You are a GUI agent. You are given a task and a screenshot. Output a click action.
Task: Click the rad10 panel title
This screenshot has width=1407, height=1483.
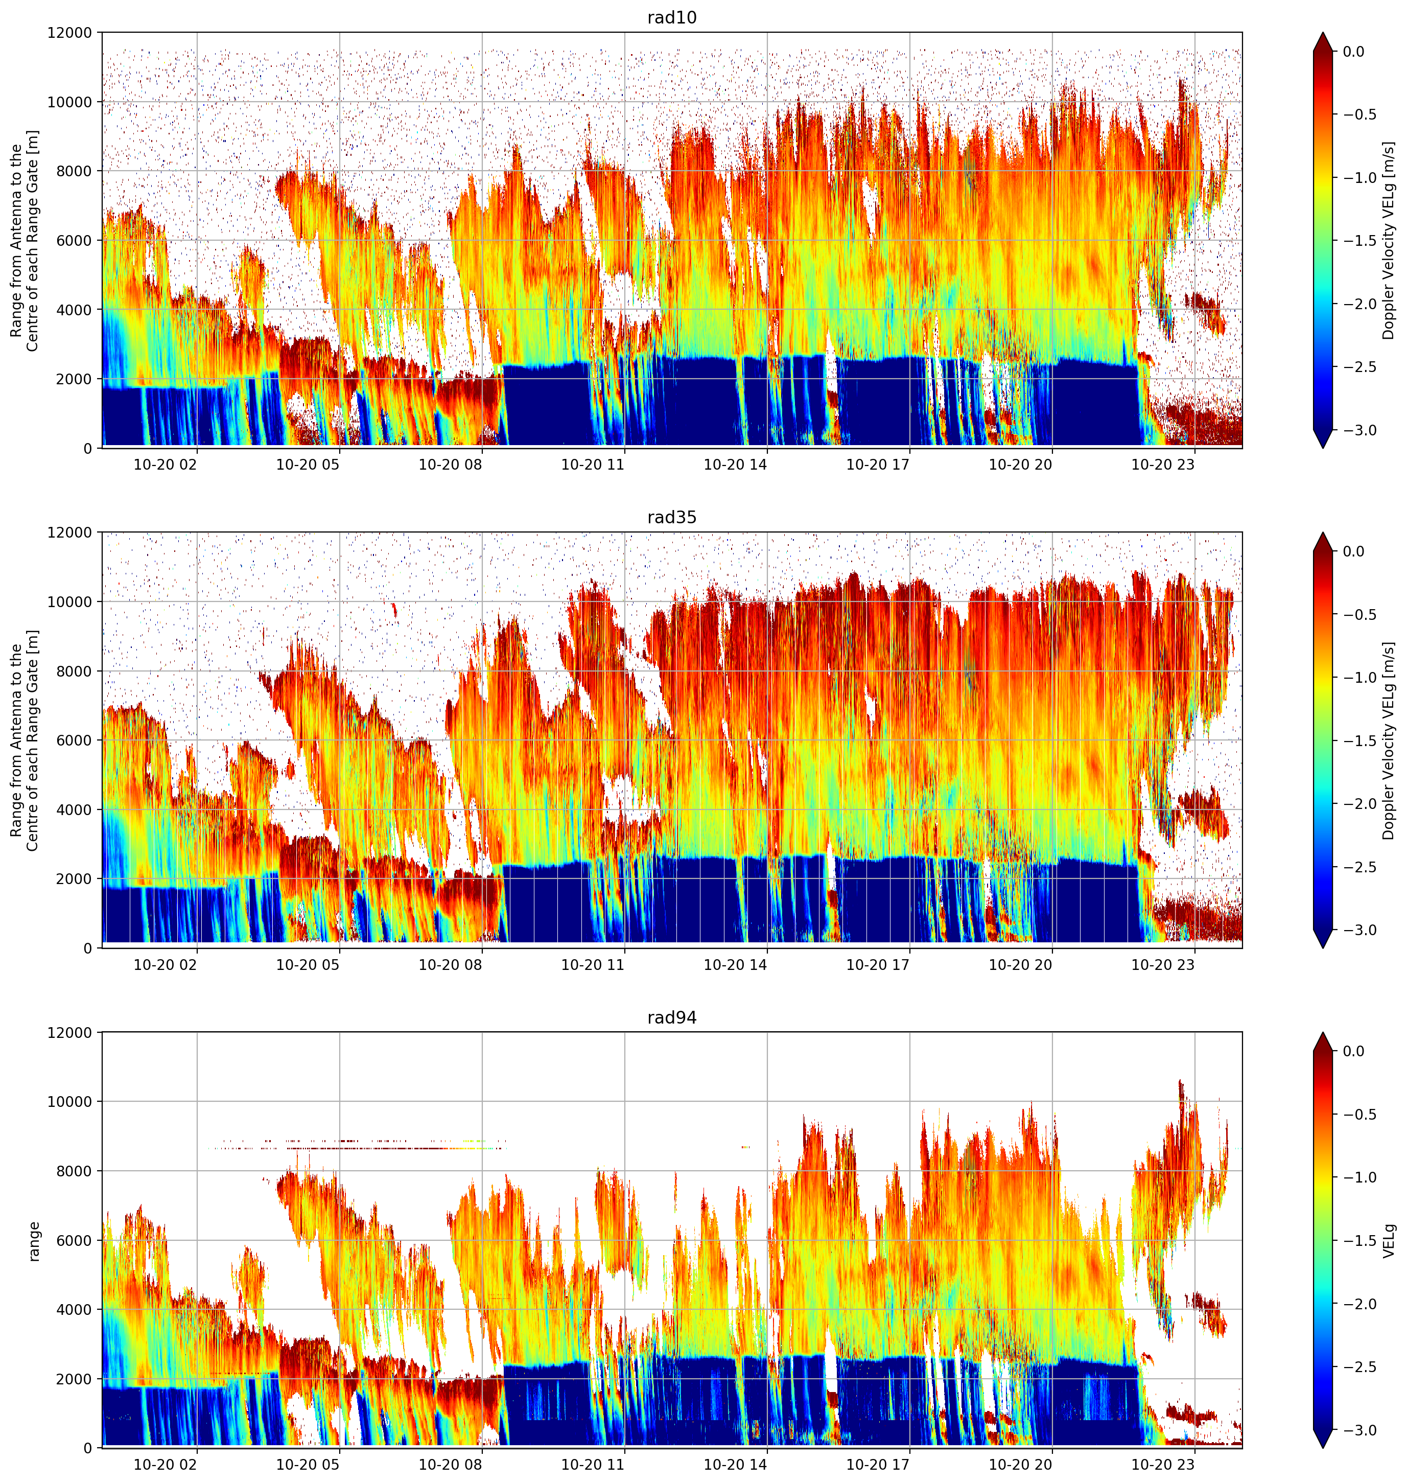click(671, 17)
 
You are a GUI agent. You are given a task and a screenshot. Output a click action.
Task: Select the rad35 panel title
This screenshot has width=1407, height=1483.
click(671, 517)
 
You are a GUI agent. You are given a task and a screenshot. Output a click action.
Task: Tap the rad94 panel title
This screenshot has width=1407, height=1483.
click(671, 1017)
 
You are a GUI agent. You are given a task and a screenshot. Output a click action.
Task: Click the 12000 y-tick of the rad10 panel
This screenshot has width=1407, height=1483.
click(70, 33)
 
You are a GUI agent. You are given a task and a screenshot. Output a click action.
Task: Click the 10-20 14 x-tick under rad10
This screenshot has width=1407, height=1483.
click(735, 465)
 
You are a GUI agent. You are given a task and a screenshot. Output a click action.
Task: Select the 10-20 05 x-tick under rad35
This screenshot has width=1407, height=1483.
click(308, 965)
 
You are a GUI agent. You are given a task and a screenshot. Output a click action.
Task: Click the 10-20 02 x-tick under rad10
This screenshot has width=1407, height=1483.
click(165, 465)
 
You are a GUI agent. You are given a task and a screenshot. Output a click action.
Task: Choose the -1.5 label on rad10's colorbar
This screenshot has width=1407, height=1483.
click(1357, 241)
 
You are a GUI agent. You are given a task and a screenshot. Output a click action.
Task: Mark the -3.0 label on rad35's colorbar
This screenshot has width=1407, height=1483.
click(1357, 930)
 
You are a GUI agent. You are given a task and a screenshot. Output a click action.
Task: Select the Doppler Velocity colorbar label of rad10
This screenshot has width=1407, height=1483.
click(1390, 241)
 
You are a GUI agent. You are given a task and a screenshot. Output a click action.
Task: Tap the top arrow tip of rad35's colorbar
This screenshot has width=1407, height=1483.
click(1323, 532)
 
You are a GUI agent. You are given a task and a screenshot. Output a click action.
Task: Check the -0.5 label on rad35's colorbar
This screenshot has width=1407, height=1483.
click(1357, 614)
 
